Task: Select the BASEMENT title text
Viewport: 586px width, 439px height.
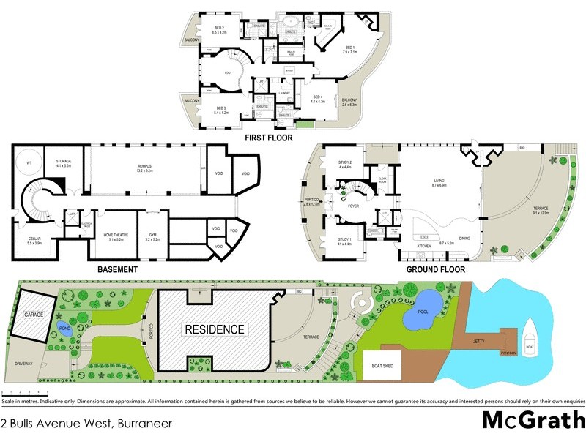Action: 117,269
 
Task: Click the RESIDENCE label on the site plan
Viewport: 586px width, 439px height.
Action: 214,329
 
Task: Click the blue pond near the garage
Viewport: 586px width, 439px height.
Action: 64,326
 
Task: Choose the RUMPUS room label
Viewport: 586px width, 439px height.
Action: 144,168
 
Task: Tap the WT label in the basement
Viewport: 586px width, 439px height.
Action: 29,162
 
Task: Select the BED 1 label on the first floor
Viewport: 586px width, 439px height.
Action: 349,48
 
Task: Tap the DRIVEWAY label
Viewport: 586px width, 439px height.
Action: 24,363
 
